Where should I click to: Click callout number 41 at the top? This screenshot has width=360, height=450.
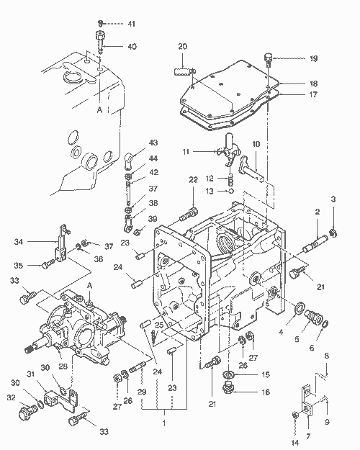pos(132,24)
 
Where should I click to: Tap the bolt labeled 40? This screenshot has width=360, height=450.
pos(100,42)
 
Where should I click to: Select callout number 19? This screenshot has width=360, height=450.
pos(313,58)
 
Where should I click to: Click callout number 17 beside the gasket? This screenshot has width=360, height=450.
pos(313,94)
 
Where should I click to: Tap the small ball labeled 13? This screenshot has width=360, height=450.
pos(231,191)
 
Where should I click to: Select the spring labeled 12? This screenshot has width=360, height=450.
pos(231,181)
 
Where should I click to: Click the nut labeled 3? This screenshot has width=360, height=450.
pos(333,233)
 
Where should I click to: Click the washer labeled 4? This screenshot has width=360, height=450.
pos(299,307)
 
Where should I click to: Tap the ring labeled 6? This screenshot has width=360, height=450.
pos(325,325)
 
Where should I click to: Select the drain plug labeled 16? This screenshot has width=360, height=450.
pos(228,387)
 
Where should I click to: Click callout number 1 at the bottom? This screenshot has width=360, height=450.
pos(164,423)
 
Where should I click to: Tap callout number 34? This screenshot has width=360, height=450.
pos(19,242)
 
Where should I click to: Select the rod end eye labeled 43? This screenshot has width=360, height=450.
pos(129,161)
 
